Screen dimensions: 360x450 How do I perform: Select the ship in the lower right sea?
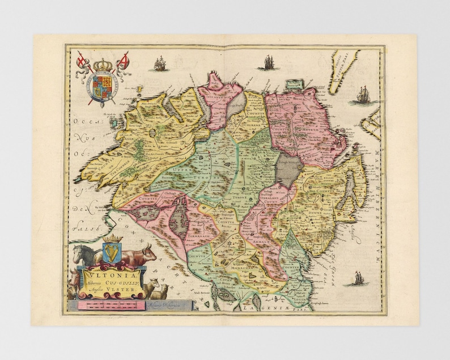[358, 278]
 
